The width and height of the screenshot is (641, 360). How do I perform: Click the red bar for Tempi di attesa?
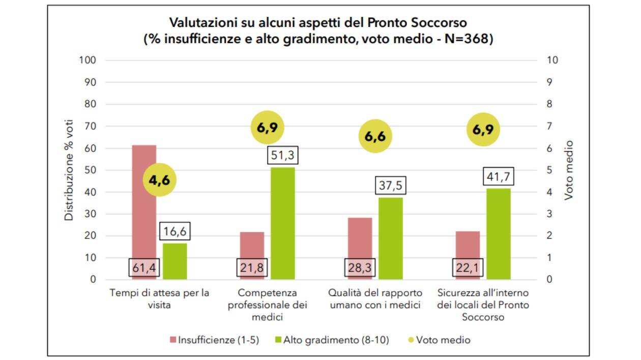coord(144,203)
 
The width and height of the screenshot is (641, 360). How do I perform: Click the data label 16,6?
coord(175,232)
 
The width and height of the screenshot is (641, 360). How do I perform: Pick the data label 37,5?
coord(391,186)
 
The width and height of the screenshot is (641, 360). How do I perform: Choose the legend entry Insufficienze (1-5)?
coord(214,340)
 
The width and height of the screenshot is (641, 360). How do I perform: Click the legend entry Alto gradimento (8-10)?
coord(331,340)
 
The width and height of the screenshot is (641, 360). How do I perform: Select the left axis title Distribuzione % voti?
coord(69,170)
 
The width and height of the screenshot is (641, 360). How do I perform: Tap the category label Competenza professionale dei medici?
coord(267,305)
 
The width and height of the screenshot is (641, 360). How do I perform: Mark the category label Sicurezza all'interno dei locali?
coord(483,305)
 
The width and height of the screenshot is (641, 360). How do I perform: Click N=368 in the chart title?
coord(467,39)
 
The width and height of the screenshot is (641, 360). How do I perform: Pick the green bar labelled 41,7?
coord(499,234)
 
